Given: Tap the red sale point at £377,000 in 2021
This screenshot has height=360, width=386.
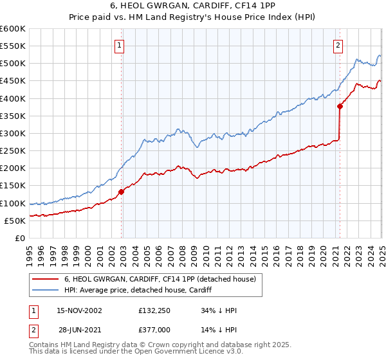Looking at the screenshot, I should (x=340, y=107).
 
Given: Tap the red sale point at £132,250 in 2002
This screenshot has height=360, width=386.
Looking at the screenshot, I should (x=121, y=192).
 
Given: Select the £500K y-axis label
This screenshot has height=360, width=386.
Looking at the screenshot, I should (x=13, y=63).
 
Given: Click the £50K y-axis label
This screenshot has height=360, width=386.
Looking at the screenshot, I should (x=15, y=221).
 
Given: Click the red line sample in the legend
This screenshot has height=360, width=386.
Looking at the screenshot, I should (x=44, y=279).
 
